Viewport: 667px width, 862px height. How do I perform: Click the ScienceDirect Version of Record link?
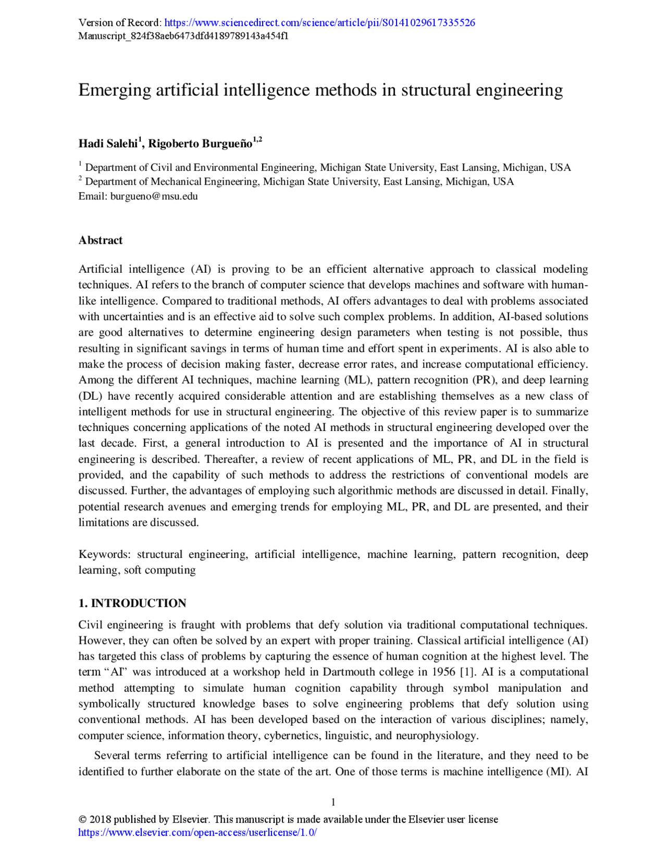coord(319,23)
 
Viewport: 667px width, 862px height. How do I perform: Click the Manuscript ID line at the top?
coord(183,36)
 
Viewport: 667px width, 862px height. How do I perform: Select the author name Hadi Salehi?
coord(108,144)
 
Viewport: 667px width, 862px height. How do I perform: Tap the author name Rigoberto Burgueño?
coord(200,144)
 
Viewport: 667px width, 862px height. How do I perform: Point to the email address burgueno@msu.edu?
coord(154,196)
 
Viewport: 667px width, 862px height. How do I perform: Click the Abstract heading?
coord(101,240)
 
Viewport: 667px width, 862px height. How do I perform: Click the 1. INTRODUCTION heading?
coord(132,603)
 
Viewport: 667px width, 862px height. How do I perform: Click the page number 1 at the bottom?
coord(333,802)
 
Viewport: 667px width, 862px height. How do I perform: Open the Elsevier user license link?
coord(197,832)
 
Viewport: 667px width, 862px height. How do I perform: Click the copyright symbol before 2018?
coord(82,819)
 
